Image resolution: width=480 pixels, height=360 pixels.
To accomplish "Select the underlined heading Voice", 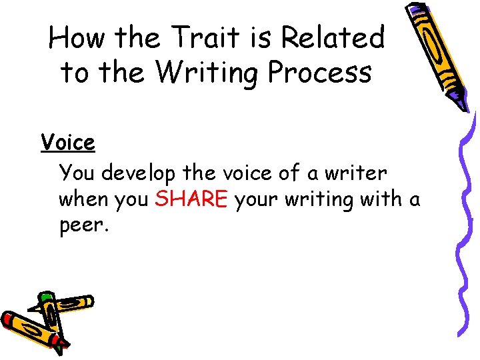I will click(67, 142).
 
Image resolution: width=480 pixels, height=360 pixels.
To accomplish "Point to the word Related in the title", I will click(333, 39).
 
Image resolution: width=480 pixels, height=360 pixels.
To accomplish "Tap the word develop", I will click(139, 173).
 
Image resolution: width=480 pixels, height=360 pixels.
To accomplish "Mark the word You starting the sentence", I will click(77, 173).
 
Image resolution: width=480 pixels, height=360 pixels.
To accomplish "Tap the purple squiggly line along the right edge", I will click(466, 220).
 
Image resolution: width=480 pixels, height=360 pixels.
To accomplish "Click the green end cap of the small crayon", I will click(45, 298).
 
